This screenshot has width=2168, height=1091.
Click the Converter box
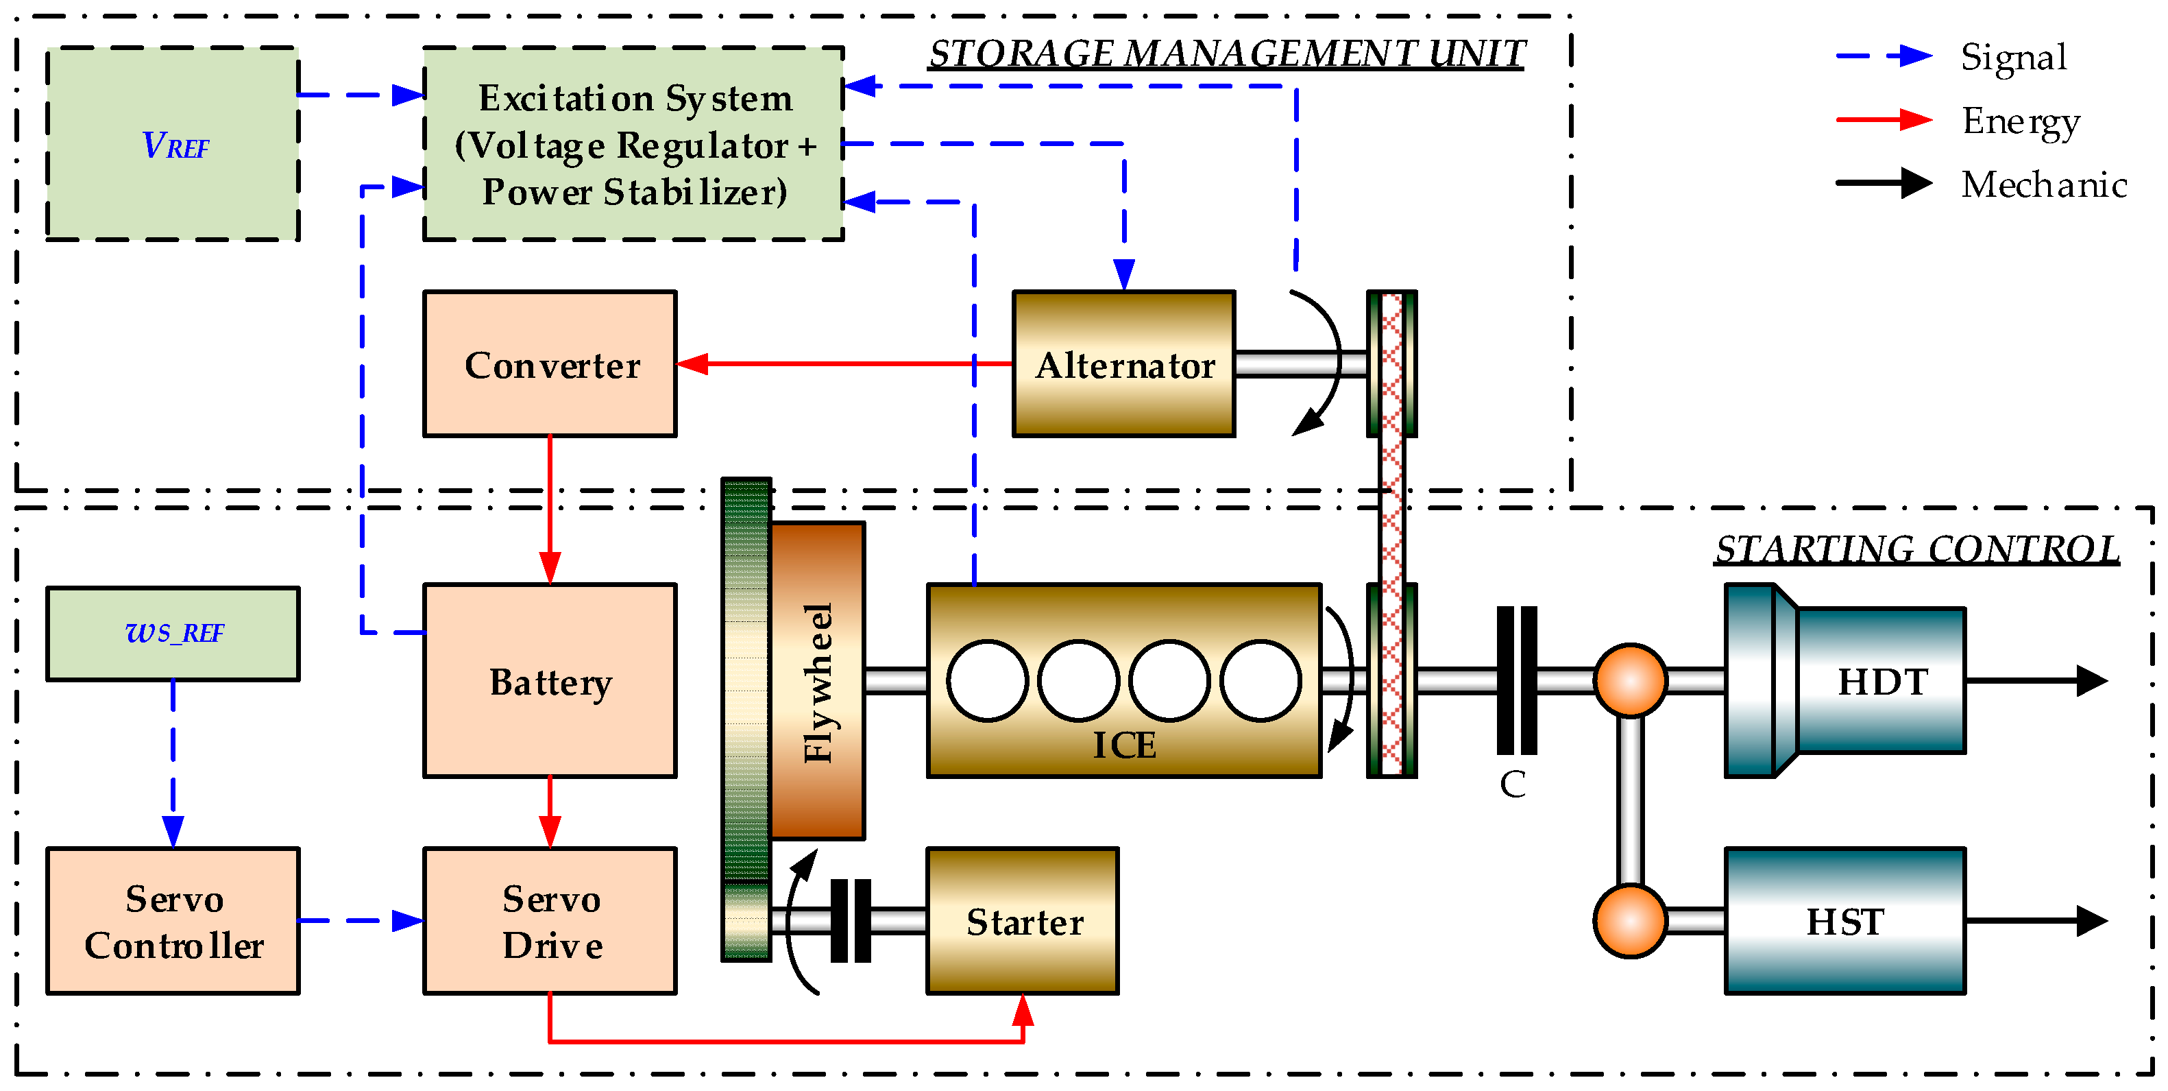550,363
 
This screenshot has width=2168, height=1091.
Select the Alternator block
1123,363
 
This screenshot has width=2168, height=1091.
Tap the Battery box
550,680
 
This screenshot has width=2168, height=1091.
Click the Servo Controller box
173,921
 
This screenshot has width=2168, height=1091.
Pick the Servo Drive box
550,921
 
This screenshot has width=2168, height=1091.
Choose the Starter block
1023,921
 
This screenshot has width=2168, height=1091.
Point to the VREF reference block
173,144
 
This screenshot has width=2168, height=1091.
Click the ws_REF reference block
173,634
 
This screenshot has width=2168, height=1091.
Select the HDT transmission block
1844,680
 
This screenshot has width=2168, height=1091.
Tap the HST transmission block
1844,921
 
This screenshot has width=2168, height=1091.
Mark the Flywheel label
818,684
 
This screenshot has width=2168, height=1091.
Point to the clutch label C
1512,784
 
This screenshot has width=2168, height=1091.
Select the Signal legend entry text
2013,57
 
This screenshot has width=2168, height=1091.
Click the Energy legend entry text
2021,123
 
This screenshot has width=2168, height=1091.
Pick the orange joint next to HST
1630,921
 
